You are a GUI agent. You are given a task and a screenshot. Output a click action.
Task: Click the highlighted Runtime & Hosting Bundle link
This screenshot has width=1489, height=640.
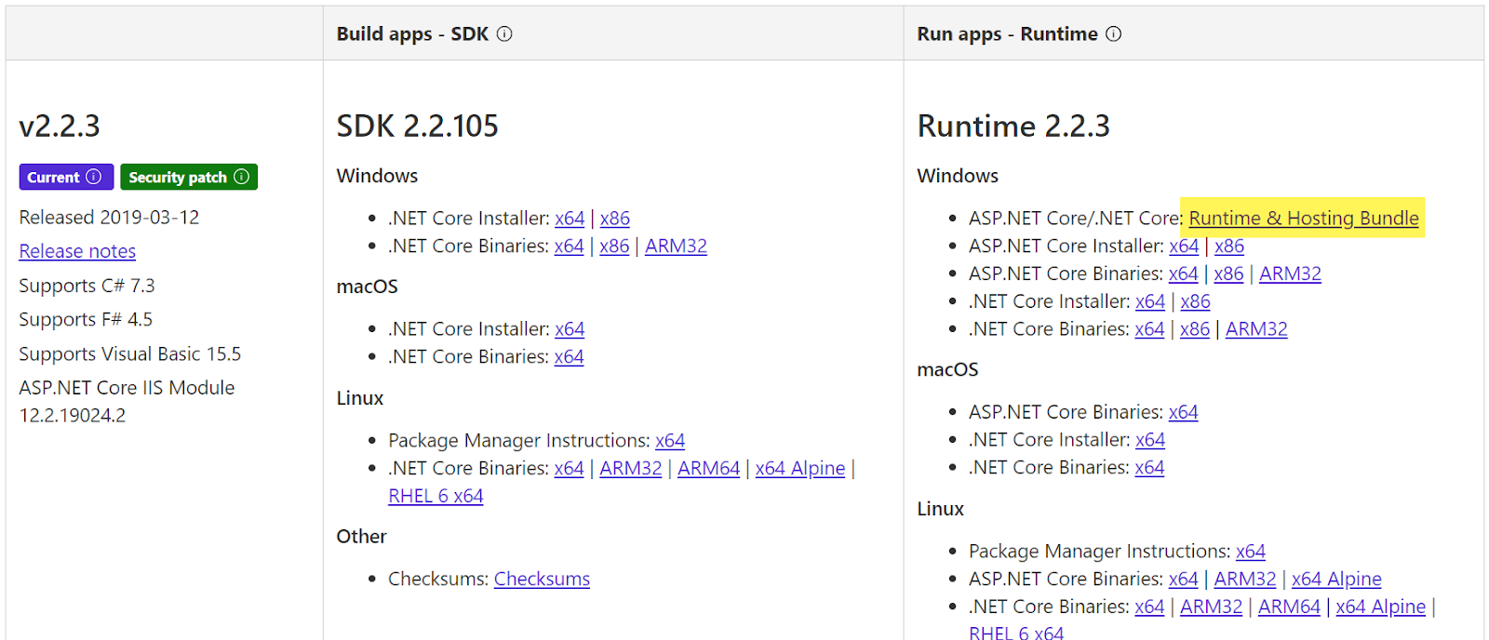(x=1303, y=218)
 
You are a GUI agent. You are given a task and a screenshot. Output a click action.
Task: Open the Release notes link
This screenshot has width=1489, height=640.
(x=77, y=251)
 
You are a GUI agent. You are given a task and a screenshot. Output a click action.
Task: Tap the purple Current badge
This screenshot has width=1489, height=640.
(x=65, y=177)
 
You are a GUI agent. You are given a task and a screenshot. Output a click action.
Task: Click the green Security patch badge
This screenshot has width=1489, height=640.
(x=188, y=177)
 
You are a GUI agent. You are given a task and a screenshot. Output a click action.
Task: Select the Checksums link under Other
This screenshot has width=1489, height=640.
(x=542, y=579)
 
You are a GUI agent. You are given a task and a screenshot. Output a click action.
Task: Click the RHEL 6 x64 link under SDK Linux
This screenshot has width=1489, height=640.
(x=436, y=496)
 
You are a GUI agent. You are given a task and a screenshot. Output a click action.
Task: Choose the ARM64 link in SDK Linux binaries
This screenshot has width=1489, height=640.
(x=708, y=468)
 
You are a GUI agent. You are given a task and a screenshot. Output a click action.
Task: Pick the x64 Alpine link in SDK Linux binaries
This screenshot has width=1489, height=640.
(x=800, y=468)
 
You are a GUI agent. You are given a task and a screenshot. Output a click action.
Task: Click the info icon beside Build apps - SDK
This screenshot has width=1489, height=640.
(x=504, y=34)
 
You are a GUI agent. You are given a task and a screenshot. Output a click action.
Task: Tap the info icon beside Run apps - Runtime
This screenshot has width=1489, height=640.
(x=1113, y=34)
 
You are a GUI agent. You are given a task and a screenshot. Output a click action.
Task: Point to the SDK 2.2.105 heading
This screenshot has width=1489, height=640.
(x=417, y=126)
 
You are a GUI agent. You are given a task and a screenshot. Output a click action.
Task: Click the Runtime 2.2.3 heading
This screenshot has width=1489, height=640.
(x=1013, y=126)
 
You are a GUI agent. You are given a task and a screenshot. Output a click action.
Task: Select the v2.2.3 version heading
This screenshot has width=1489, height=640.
(x=60, y=126)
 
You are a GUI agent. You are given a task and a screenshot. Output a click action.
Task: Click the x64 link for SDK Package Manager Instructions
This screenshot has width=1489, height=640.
(x=670, y=440)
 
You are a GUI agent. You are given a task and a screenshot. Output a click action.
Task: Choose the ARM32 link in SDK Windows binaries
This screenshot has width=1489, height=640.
(x=676, y=246)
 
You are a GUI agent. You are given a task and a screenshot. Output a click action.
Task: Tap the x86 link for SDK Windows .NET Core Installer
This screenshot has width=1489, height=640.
(x=615, y=218)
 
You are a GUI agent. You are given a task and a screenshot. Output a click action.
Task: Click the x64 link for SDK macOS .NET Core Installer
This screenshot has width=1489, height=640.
(x=570, y=328)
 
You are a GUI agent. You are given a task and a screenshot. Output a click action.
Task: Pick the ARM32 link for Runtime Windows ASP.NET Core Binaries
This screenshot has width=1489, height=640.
(x=1290, y=273)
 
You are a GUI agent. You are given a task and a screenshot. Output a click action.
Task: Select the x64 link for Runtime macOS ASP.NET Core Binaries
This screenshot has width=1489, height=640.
(x=1183, y=411)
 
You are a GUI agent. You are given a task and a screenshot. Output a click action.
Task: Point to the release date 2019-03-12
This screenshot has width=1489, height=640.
(x=149, y=217)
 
